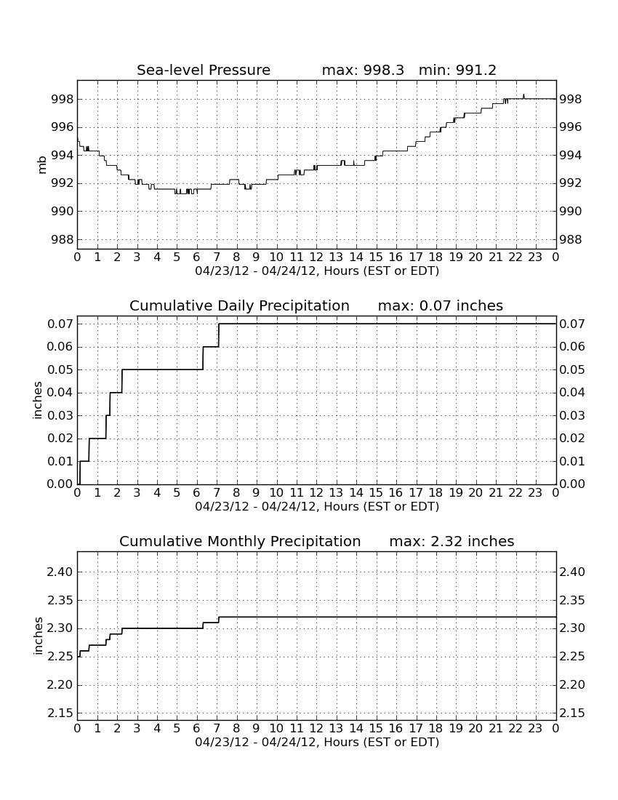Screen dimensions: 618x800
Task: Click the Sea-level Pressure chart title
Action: tap(204, 70)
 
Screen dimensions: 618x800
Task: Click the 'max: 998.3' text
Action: tap(363, 70)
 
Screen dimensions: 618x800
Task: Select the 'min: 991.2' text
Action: tap(457, 70)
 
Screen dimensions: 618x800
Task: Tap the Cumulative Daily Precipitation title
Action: tap(240, 305)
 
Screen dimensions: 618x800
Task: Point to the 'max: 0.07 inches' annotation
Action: tap(441, 305)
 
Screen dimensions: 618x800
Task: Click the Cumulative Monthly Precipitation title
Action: tap(240, 541)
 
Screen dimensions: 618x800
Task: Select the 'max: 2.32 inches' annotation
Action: tap(452, 541)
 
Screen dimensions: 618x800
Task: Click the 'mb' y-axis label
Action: tap(42, 165)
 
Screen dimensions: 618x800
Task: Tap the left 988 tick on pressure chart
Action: tap(63, 239)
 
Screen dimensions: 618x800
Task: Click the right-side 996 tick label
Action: tap(571, 127)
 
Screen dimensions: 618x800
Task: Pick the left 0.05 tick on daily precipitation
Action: tap(60, 370)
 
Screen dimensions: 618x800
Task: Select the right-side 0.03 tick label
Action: tap(572, 415)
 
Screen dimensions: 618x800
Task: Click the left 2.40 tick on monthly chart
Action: tap(60, 572)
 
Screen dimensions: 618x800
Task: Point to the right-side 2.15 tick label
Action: tap(572, 713)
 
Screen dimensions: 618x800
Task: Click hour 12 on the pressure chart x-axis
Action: tap(316, 257)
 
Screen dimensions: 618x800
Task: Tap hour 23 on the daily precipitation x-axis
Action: tap(535, 493)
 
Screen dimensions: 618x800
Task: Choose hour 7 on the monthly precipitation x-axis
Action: tap(217, 729)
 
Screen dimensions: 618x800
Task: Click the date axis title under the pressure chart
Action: tap(317, 271)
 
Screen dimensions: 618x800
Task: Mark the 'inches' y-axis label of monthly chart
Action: tap(38, 636)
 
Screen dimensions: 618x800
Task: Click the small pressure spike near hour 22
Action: tap(523, 96)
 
